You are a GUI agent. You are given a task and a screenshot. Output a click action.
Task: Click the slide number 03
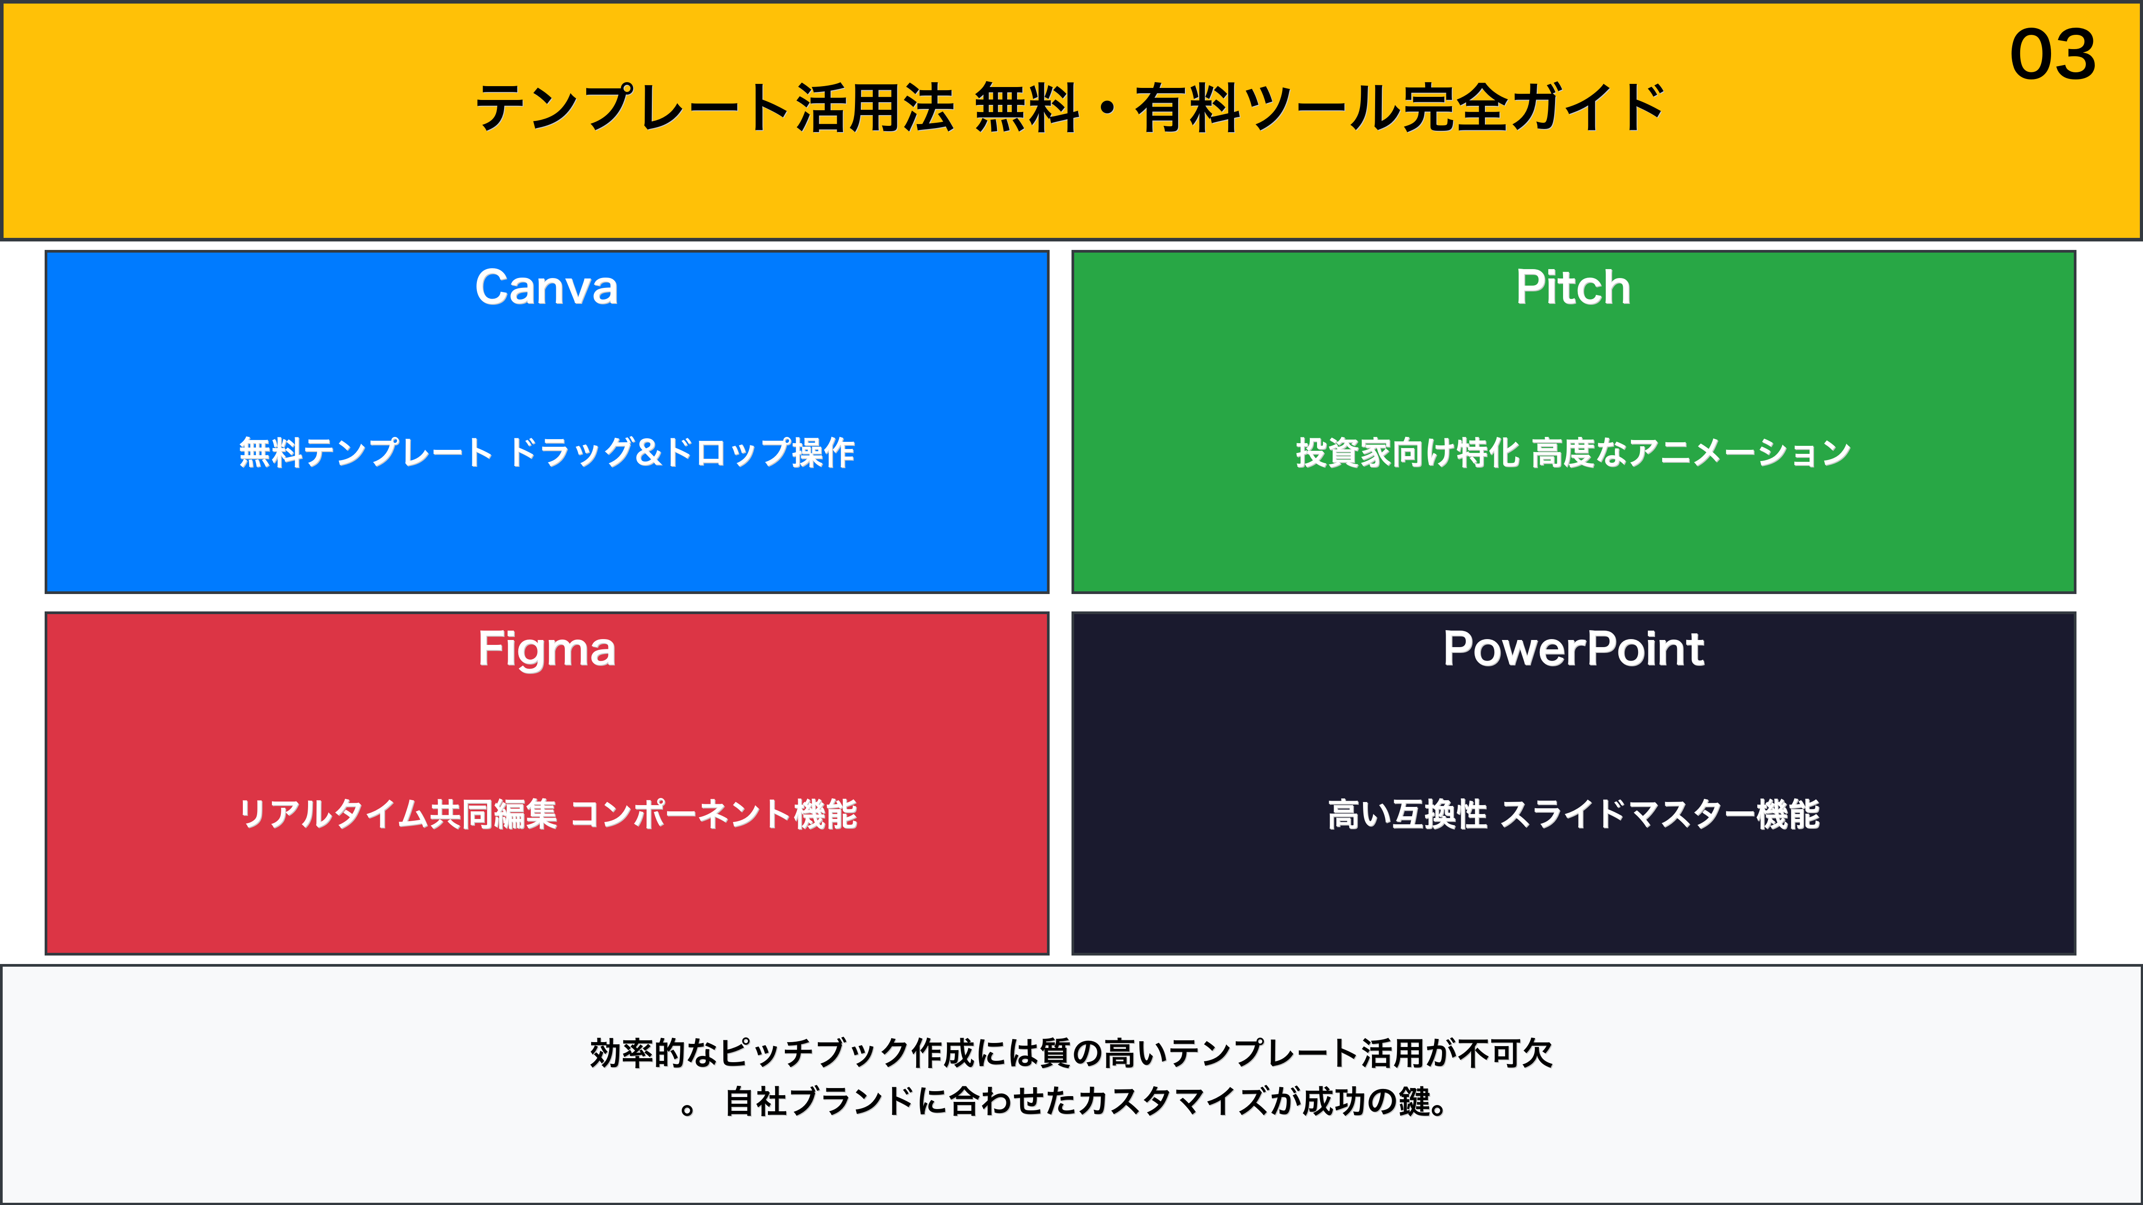coord(2052,55)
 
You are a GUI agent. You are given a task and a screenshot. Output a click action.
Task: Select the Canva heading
coord(546,288)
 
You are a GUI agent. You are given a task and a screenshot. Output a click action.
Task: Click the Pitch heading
coord(1573,288)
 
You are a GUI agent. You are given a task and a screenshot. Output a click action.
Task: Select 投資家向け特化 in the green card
coord(1408,453)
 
